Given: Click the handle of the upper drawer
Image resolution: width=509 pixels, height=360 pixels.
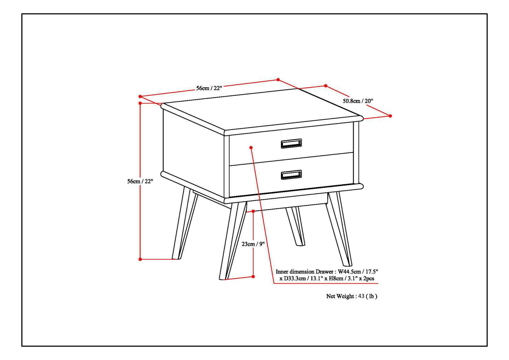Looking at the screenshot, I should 291,144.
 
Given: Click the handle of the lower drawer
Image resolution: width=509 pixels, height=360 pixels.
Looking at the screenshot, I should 291,175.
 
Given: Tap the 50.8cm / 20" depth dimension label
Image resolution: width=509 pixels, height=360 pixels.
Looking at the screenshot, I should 358,101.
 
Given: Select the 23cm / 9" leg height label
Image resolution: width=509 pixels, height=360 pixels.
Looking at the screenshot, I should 253,244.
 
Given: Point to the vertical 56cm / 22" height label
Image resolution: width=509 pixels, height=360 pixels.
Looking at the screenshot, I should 140,181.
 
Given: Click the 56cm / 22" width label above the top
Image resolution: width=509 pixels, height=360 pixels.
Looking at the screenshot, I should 209,88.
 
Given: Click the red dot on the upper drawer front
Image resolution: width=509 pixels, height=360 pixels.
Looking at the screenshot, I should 251,147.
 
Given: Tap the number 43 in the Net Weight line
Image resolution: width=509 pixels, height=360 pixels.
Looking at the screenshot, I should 361,296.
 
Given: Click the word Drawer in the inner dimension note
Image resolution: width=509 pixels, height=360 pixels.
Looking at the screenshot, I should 324,272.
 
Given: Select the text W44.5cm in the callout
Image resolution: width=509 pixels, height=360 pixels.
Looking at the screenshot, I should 349,272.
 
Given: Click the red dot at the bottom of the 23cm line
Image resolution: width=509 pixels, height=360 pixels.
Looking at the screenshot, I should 253,277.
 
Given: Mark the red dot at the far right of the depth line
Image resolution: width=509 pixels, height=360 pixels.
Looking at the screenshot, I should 390,116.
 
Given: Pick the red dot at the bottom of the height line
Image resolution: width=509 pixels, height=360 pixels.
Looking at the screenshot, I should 140,259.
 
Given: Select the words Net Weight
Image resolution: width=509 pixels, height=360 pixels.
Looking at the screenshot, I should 339,296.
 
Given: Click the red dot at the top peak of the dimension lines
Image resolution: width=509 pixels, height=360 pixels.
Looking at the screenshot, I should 278,80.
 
